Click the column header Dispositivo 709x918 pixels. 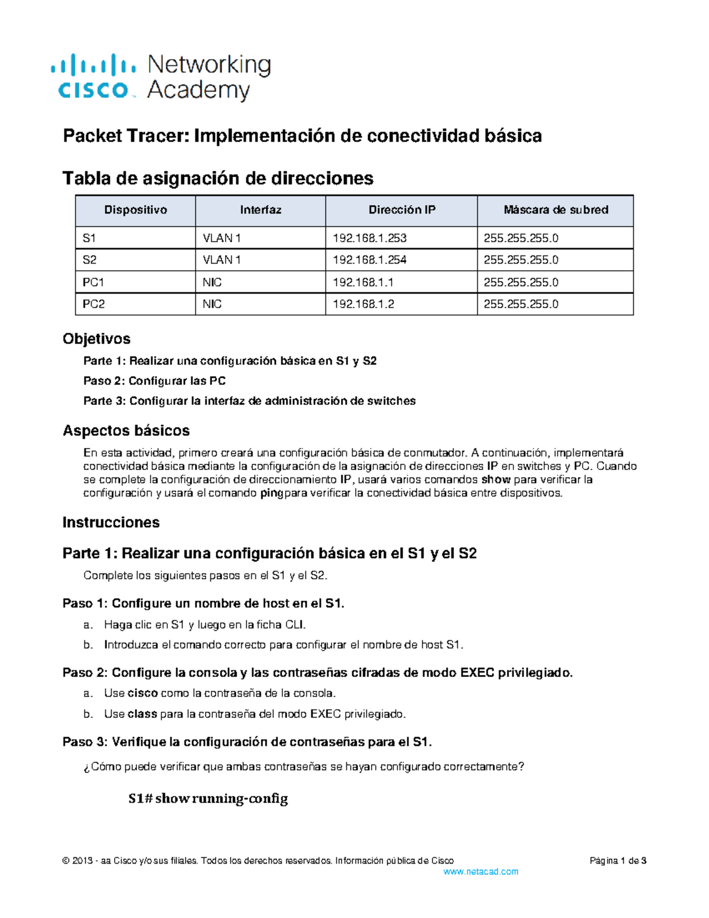click(x=135, y=210)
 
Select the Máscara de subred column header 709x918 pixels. click(x=555, y=210)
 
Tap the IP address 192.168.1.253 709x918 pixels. click(x=369, y=238)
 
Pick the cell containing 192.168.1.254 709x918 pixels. click(x=369, y=260)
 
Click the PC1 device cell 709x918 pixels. click(x=93, y=283)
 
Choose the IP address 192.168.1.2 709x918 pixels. click(x=363, y=304)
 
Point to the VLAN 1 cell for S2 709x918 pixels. click(x=222, y=260)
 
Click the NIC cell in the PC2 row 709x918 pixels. click(x=212, y=304)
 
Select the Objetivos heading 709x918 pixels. click(x=96, y=339)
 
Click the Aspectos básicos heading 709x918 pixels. click(x=126, y=430)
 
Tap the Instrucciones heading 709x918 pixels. click(x=111, y=523)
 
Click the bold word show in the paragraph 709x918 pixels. click(x=495, y=479)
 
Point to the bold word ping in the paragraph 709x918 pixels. click(x=272, y=493)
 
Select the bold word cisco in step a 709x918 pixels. click(x=142, y=693)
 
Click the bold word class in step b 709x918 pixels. click(x=142, y=714)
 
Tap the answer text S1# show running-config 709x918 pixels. click(x=208, y=799)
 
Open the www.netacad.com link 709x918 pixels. click(x=480, y=871)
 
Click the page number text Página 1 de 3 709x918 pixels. click(x=617, y=861)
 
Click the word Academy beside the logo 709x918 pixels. click(x=199, y=90)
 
